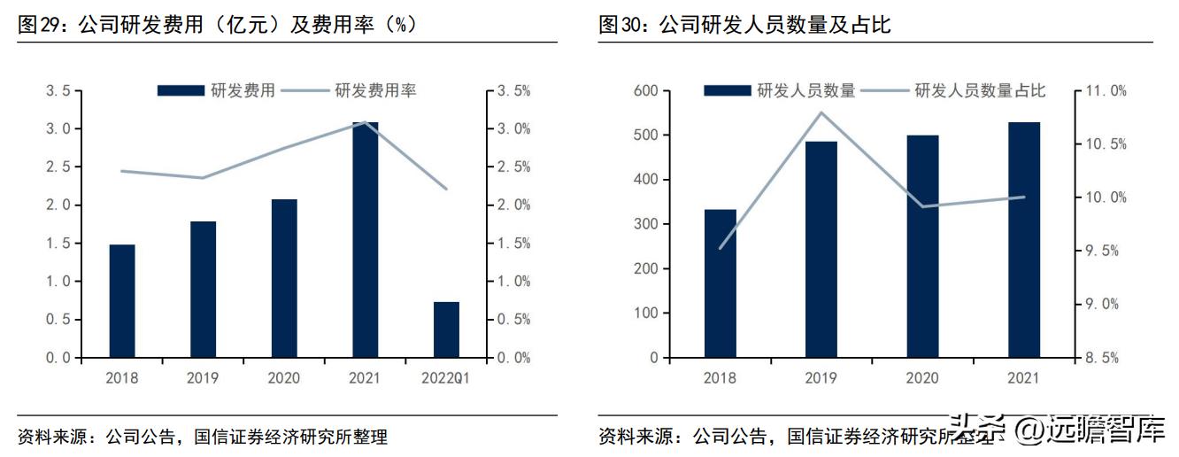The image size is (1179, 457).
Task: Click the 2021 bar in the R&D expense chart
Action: [366, 240]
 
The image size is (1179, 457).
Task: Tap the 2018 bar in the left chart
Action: [122, 301]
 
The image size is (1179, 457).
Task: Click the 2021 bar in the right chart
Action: [1024, 240]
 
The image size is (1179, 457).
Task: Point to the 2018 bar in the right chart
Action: [720, 283]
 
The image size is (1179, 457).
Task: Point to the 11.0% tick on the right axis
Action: [1106, 91]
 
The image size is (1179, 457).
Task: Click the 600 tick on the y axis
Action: [646, 91]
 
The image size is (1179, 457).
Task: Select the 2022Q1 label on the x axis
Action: [446, 378]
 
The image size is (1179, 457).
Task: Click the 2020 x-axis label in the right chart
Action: [922, 378]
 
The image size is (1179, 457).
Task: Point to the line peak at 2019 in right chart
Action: [821, 112]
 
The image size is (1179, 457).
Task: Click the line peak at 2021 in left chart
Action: [366, 122]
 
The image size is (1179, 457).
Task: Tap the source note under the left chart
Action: [203, 437]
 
